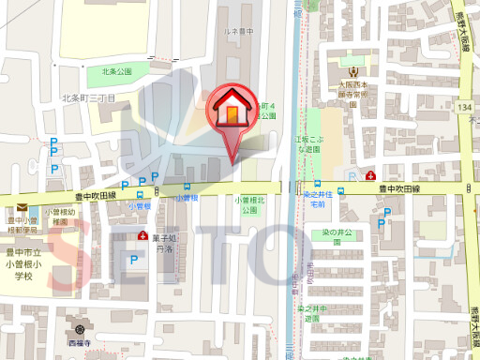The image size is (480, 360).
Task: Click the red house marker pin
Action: click(x=230, y=110)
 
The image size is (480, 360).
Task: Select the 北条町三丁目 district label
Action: click(x=88, y=97)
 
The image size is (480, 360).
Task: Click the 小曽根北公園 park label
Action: click(x=249, y=205)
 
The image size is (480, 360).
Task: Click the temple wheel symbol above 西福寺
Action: click(x=82, y=329)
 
